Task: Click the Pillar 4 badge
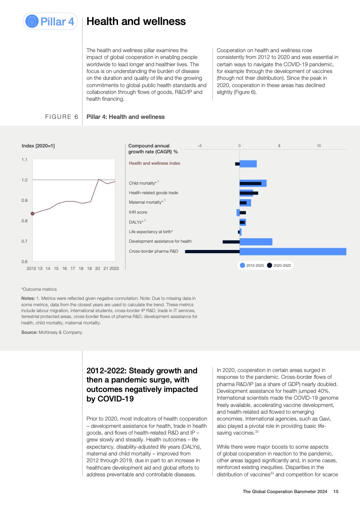pos(51,21)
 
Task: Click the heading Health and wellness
pos(136,21)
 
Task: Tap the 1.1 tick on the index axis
pos(24,160)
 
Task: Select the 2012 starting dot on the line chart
pos(32,213)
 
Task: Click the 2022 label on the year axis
pos(114,269)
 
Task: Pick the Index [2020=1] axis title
pos(39,146)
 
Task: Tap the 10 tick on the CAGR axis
pos(319,146)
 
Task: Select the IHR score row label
pos(138,212)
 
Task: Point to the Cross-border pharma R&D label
pos(153,251)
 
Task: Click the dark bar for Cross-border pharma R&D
pos(212,251)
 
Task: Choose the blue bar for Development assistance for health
pos(256,242)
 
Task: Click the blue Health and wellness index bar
pos(248,164)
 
